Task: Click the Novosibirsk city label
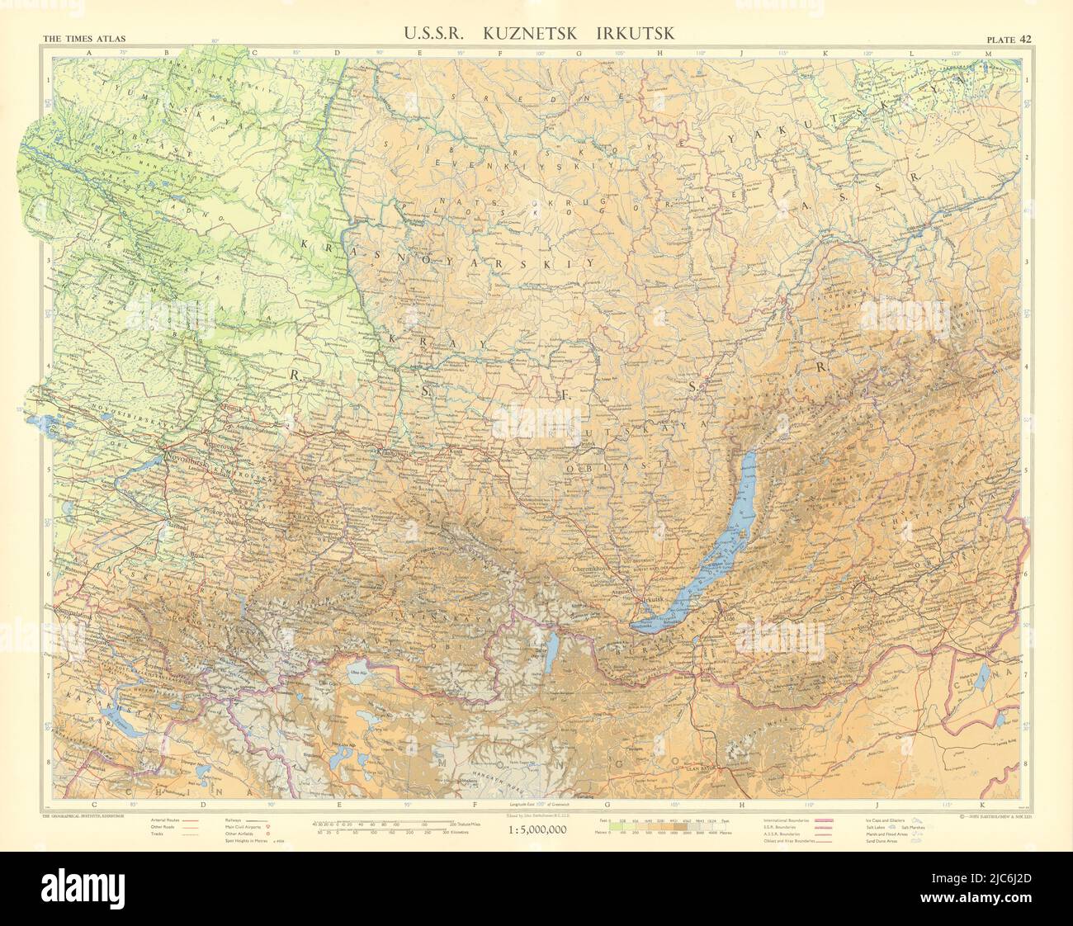(x=191, y=455)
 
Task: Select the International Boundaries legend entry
(x=785, y=821)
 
